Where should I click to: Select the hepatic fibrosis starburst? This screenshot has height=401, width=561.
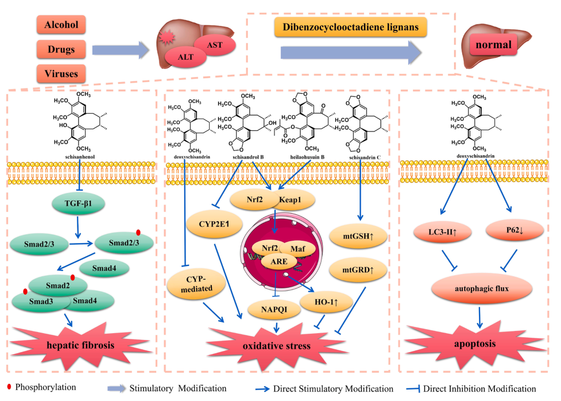pos(81,345)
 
